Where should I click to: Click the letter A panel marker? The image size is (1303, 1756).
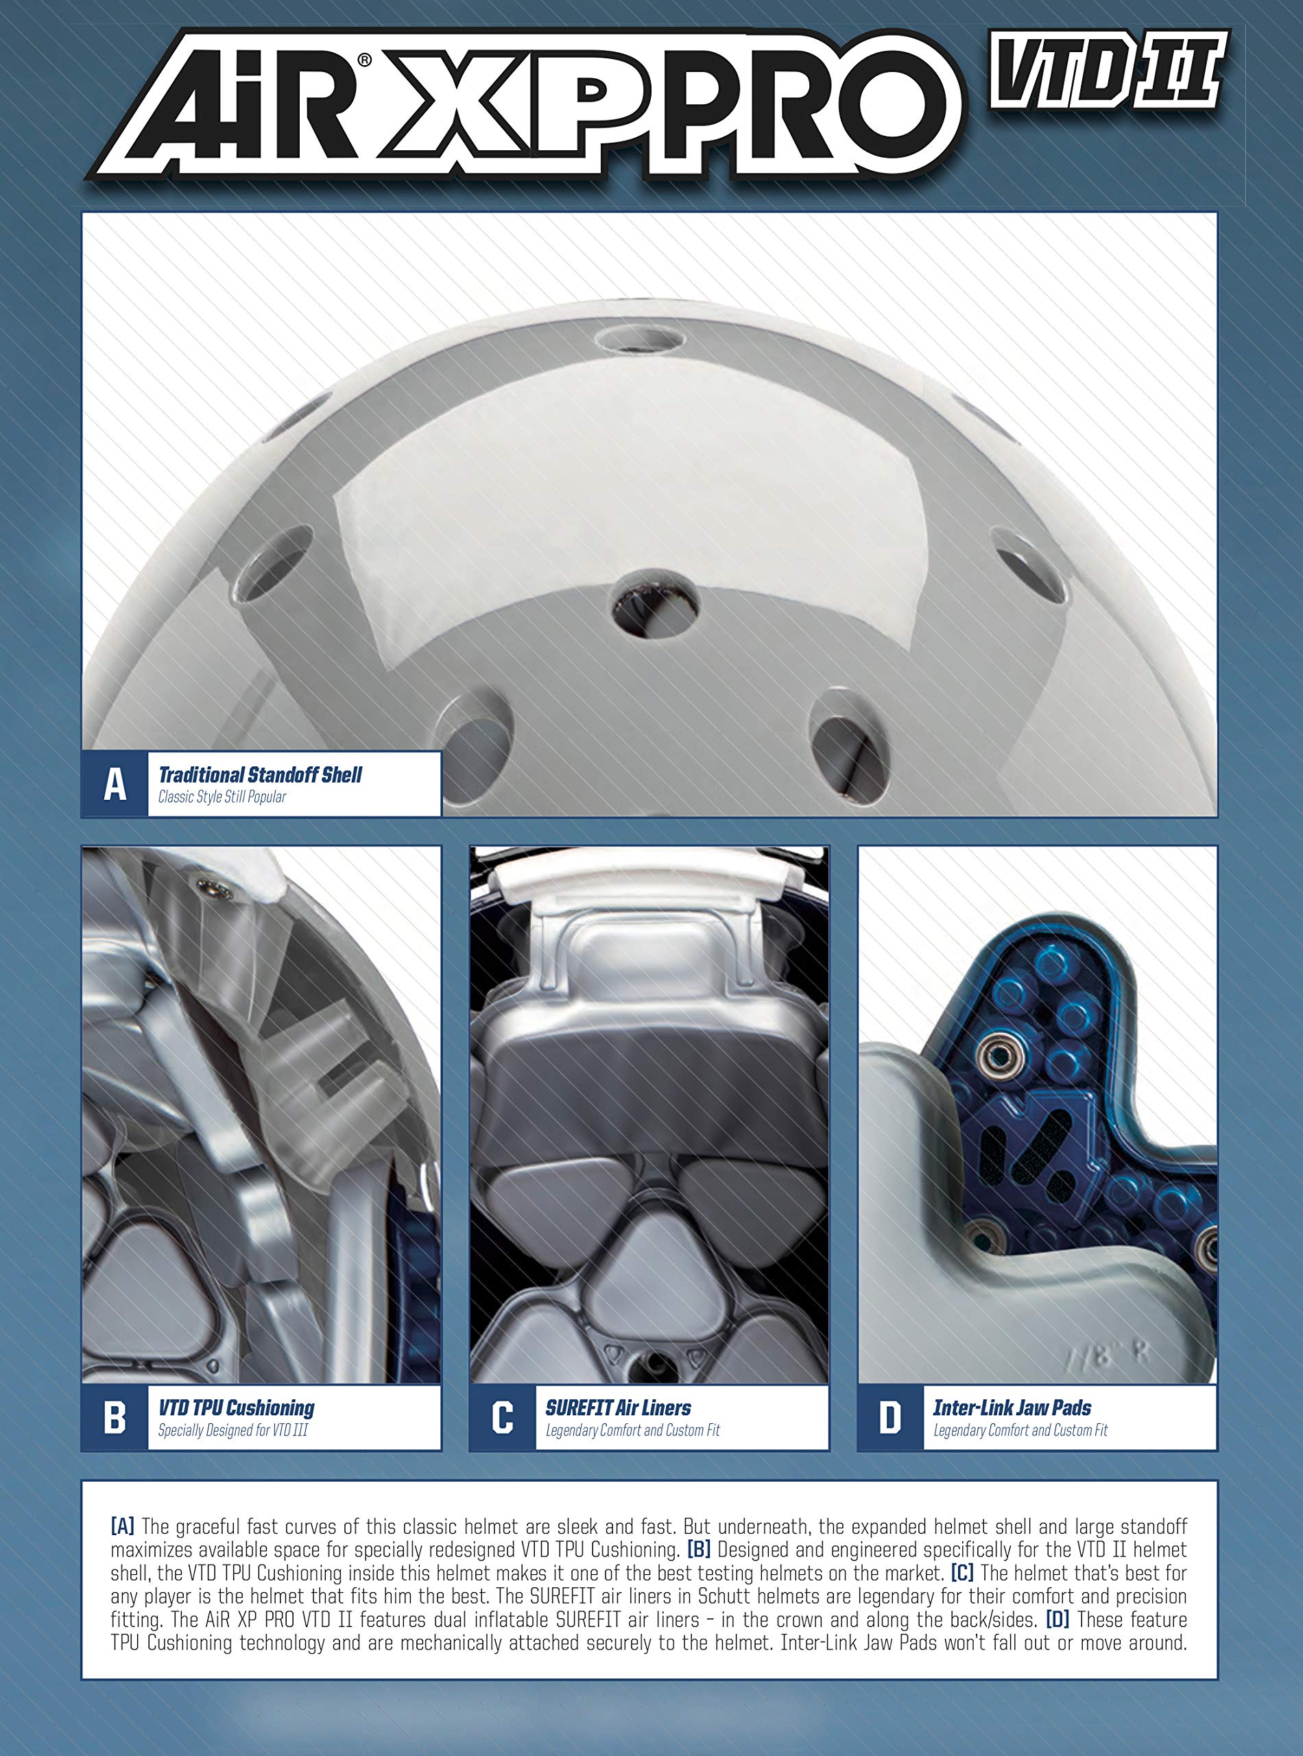(x=115, y=784)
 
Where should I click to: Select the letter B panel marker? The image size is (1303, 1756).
(x=115, y=1418)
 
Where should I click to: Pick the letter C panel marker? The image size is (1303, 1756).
(x=503, y=1418)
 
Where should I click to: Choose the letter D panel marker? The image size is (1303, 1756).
(x=890, y=1418)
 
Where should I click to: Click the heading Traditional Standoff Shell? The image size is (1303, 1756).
(x=261, y=774)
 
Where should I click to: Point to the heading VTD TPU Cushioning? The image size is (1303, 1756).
(x=237, y=1408)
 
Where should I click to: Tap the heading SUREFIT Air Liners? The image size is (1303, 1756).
(x=619, y=1408)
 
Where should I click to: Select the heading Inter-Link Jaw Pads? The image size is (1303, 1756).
(x=1013, y=1408)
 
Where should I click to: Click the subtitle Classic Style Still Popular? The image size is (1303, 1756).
(x=222, y=797)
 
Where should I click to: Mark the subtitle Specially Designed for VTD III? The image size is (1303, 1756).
(x=233, y=1430)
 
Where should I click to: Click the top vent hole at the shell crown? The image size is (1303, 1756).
(x=639, y=340)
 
